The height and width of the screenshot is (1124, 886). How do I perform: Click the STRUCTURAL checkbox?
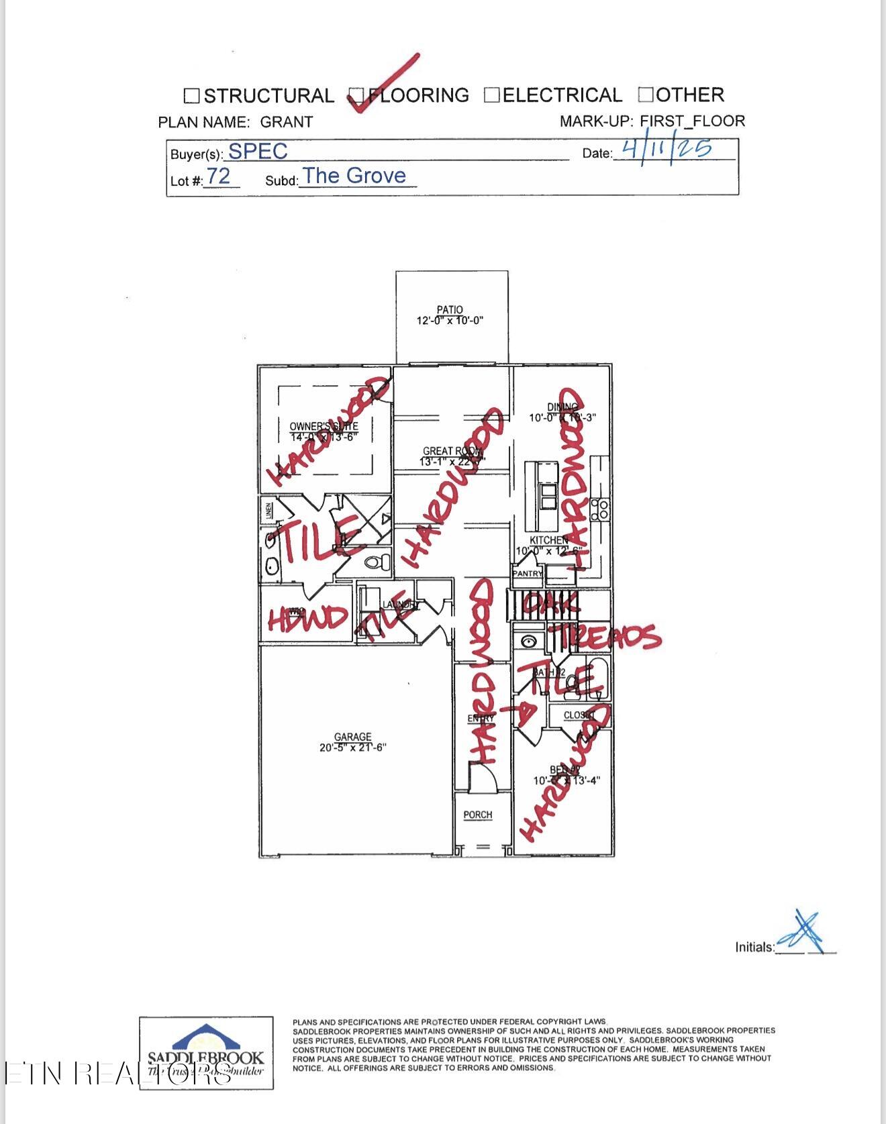click(x=191, y=96)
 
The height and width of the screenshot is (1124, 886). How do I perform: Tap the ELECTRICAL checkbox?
click(x=492, y=95)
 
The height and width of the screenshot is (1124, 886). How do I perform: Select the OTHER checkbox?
click(x=646, y=95)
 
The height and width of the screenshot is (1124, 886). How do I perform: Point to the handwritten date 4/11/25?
click(x=667, y=148)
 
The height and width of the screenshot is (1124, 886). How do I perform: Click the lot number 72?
click(x=218, y=176)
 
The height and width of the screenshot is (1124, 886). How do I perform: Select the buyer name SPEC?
click(x=258, y=152)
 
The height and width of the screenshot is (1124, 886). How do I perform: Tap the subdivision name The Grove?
click(x=354, y=176)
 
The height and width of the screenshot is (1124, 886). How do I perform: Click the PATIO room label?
click(x=450, y=309)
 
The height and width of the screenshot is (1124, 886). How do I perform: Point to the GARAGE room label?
click(x=352, y=737)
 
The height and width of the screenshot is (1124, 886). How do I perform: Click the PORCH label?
click(x=478, y=815)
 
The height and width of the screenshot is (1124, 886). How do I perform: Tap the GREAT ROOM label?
click(x=452, y=452)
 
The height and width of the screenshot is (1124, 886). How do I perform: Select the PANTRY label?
click(x=528, y=574)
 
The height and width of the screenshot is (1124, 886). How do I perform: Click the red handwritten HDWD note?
click(x=307, y=618)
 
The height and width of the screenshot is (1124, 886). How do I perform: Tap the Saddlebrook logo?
click(x=206, y=1052)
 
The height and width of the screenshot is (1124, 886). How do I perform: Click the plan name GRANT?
click(x=287, y=122)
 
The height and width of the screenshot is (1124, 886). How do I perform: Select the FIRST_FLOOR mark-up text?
click(x=692, y=121)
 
